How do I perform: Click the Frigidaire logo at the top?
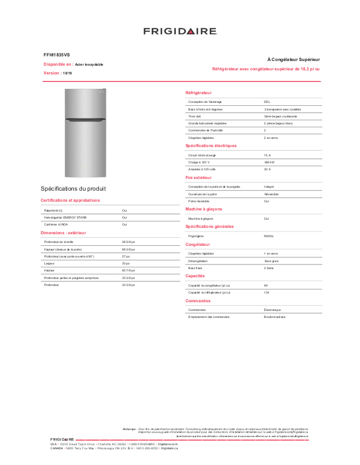pos(180,31)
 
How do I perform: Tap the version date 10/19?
pos(67,73)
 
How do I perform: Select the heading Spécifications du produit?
pos(73,189)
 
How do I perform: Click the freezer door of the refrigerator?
pos(85,104)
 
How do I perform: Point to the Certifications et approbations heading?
pos(70,200)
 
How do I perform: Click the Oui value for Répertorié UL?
pos(124,210)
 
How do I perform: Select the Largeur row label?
pos(49,263)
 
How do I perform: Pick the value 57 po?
pos(126,256)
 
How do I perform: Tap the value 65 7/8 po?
pos(128,271)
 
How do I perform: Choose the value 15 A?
pos(267,155)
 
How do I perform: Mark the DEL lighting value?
pos(267,102)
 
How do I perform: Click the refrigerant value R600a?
pos(269,236)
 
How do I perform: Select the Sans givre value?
pos(271,261)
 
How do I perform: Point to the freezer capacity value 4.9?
pos(266,285)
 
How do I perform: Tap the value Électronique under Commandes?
pos(272,310)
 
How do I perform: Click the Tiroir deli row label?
pos(194,116)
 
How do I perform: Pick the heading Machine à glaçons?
pos(204,209)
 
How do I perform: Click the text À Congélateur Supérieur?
pos(293,60)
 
